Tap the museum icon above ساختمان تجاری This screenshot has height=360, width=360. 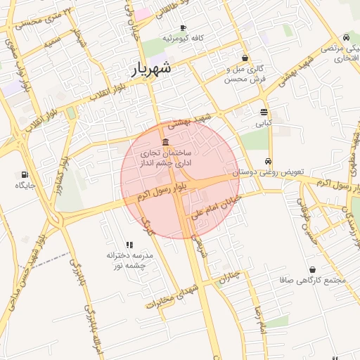pyautogui.click(x=165, y=143)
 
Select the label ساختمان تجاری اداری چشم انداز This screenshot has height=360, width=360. pyautogui.click(x=168, y=157)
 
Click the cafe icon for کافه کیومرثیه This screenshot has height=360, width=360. pyautogui.click(x=184, y=27)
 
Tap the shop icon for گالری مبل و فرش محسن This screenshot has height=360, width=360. pyautogui.click(x=245, y=58)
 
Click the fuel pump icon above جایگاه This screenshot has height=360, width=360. pyautogui.click(x=25, y=174)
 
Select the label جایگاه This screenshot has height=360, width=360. pyautogui.click(x=25, y=186)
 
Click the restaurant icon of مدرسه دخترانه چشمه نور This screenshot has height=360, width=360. pyautogui.click(x=129, y=244)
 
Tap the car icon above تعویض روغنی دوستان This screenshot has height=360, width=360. pyautogui.click(x=268, y=161)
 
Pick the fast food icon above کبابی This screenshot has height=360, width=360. pyautogui.click(x=264, y=112)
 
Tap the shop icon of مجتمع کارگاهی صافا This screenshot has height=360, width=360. pyautogui.click(x=312, y=269)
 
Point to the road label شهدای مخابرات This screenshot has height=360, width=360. pyautogui.click(x=169, y=296)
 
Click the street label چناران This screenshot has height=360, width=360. pyautogui.click(x=229, y=277)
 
